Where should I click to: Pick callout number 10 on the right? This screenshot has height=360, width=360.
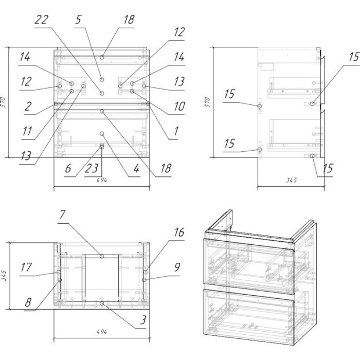pyautogui.click(x=180, y=107)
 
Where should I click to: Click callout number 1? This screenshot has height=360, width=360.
pyautogui.click(x=176, y=131)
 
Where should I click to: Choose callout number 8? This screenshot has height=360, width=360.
pyautogui.click(x=28, y=303)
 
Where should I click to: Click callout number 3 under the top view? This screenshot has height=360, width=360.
pyautogui.click(x=143, y=320)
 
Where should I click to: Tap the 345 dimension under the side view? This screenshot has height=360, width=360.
pyautogui.click(x=291, y=181)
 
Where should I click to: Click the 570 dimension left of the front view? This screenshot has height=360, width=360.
pyautogui.click(x=4, y=101)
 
